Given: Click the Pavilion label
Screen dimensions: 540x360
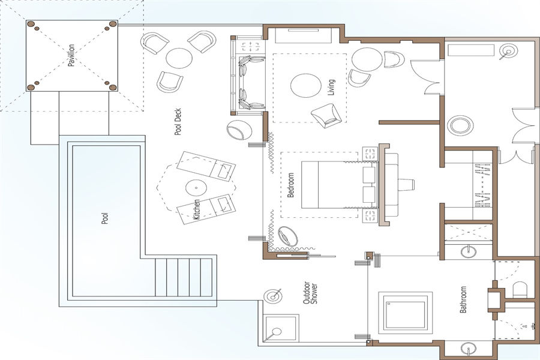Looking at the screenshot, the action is point(71,55).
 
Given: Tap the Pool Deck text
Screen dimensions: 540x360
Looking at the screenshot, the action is point(178,122).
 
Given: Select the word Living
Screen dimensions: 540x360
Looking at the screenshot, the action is point(331,88).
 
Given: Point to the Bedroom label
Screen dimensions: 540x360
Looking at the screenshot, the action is point(290,185).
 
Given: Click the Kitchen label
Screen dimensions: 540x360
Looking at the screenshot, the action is point(196,210).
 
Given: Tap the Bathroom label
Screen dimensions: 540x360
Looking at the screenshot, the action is point(463,299).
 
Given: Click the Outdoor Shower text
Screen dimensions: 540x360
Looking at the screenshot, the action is point(310,293).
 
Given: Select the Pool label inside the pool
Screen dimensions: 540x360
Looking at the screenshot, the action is point(105,218).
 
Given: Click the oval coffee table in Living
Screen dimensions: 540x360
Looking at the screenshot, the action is point(306,86).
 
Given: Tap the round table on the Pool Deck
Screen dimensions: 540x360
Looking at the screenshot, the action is point(179,58).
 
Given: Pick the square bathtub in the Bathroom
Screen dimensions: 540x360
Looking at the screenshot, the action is point(406,313).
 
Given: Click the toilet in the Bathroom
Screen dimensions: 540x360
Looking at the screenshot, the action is point(520,290).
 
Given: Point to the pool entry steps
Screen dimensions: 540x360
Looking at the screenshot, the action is point(183,277).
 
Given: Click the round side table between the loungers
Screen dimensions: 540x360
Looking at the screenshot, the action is point(196,188).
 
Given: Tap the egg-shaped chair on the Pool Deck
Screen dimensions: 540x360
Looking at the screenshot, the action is point(239,130).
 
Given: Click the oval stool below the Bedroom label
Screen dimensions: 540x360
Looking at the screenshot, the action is point(287,236).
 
